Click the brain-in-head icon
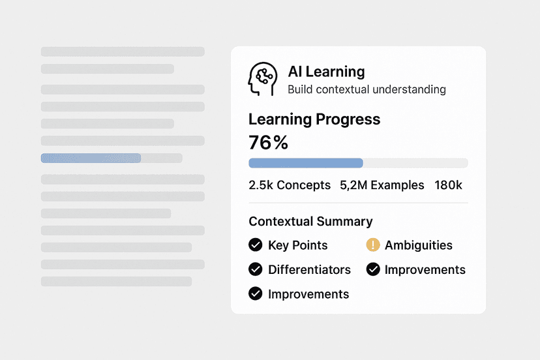[262, 79]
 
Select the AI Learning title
[326, 72]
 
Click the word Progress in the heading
[348, 119]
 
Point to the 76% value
[268, 143]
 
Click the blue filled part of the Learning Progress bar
[305, 163]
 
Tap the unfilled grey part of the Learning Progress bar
[415, 163]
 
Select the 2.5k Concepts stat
[290, 185]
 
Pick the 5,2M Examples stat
[382, 185]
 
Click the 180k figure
[448, 185]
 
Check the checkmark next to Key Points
[256, 245]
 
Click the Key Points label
[297, 245]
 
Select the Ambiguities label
[418, 245]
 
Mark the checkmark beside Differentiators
[256, 269]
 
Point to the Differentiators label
[309, 269]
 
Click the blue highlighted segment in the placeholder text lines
[91, 158]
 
